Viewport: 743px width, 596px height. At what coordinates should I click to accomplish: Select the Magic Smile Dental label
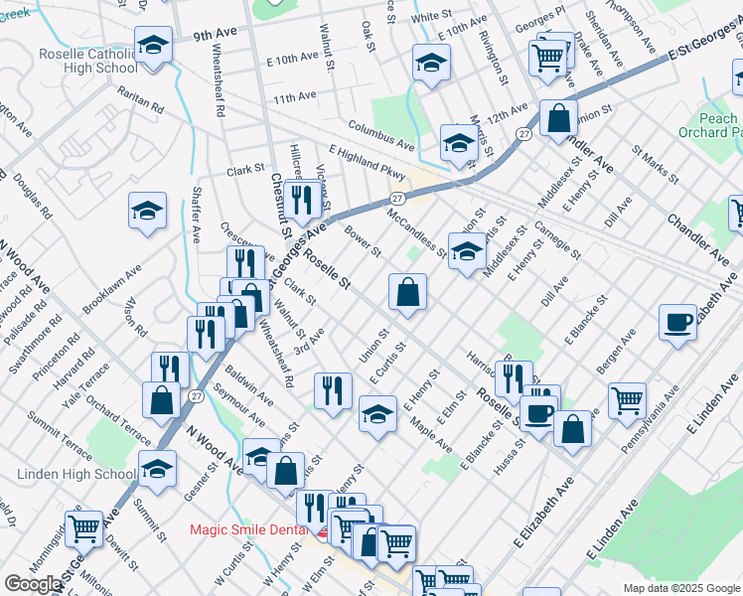click(251, 529)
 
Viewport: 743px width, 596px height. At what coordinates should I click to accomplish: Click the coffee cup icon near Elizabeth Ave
click(677, 322)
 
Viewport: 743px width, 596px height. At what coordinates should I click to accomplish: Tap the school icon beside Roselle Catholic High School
click(153, 45)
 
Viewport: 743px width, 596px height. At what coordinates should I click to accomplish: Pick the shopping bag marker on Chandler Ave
click(559, 117)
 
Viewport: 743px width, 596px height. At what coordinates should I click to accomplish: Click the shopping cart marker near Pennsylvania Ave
click(627, 400)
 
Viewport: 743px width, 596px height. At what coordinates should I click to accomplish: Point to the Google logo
click(33, 584)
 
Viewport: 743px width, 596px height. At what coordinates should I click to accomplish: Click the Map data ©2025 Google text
click(680, 588)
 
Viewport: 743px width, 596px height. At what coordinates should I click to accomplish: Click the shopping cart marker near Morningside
click(83, 527)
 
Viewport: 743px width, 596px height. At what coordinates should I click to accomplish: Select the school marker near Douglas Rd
click(147, 211)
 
